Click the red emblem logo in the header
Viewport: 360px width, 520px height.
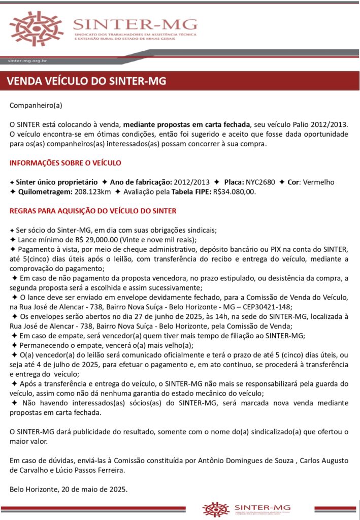(37, 28)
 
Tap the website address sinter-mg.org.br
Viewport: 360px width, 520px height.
(28, 60)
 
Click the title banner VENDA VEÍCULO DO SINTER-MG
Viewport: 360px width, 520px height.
(87, 81)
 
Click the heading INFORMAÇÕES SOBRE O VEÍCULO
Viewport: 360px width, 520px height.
(66, 162)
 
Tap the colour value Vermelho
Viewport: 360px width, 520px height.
(318, 182)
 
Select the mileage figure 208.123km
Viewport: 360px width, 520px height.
(90, 192)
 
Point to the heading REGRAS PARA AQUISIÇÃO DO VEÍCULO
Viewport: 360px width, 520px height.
(93, 210)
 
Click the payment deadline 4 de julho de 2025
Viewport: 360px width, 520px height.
(57, 365)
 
